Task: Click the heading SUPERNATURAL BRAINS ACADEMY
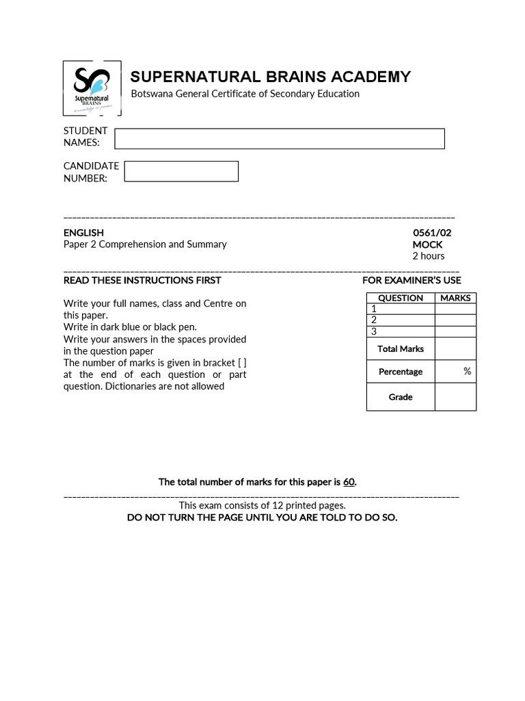(271, 77)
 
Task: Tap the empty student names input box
(279, 138)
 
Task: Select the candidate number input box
(181, 171)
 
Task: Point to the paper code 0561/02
(431, 233)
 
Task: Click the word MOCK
(427, 244)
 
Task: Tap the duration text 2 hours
(428, 256)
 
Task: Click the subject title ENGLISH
(83, 233)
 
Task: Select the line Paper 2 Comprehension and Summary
(145, 244)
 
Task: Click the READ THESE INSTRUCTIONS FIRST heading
(142, 280)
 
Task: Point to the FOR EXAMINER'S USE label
(412, 280)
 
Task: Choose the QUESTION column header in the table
(401, 298)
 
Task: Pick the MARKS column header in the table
(455, 298)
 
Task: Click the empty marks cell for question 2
(455, 320)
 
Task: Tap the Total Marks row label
(401, 348)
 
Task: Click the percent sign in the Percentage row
(467, 371)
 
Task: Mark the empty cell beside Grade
(455, 397)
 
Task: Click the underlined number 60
(349, 482)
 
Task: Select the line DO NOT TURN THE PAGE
(262, 518)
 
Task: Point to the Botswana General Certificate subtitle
(245, 94)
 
